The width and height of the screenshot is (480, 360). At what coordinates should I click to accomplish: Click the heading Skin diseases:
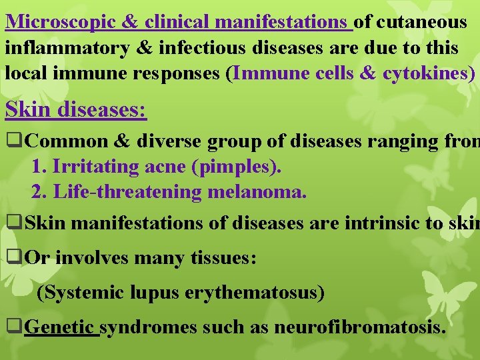tap(76, 109)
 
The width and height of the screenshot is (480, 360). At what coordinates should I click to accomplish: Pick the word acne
tap(166, 167)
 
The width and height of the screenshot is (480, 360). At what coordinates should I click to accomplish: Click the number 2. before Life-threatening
tap(39, 192)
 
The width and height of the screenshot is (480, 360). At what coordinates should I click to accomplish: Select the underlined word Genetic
tap(61, 327)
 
